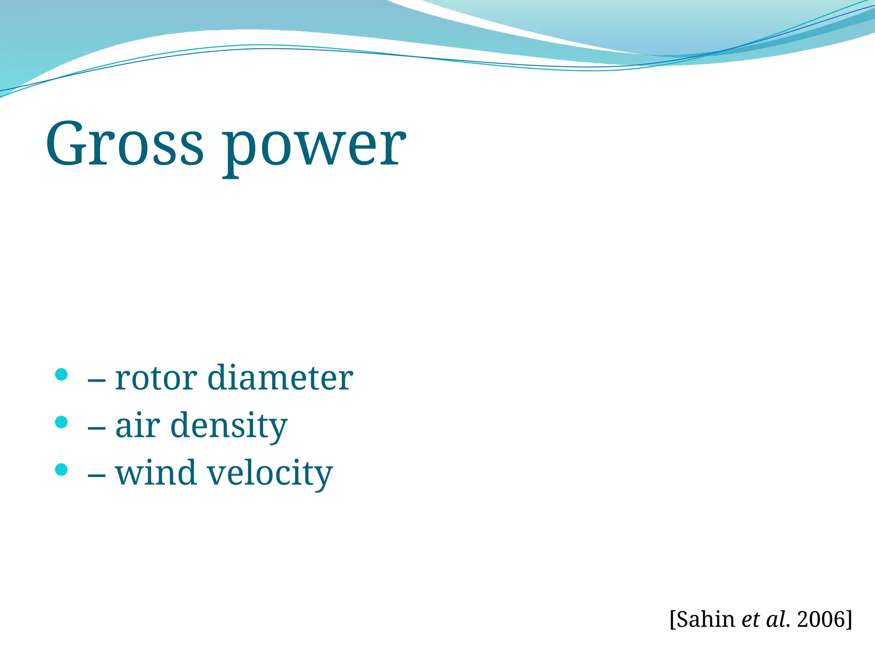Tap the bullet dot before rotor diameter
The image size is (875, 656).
coord(62,375)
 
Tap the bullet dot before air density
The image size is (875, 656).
coord(62,422)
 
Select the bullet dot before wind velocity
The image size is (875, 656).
coord(62,469)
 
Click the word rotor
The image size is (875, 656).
coord(156,378)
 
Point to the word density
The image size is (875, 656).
coord(229,426)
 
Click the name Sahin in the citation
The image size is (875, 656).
coord(705,619)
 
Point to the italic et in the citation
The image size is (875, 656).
coord(751,620)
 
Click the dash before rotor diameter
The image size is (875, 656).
coord(97,380)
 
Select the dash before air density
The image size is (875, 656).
coord(97,427)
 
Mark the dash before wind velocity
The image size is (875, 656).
coord(97,474)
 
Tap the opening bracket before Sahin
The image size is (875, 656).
coord(673,619)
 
